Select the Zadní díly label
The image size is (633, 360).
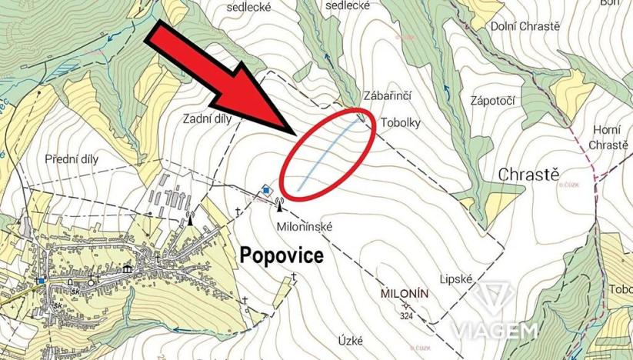pos(208,119)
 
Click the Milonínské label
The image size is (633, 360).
pos(303,227)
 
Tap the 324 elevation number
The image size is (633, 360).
pos(408,315)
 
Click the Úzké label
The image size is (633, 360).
pos(351,338)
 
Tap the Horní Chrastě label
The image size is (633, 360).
pos(608,137)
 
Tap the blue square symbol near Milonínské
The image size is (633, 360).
pos(266,189)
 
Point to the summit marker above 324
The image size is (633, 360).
pos(407,305)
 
